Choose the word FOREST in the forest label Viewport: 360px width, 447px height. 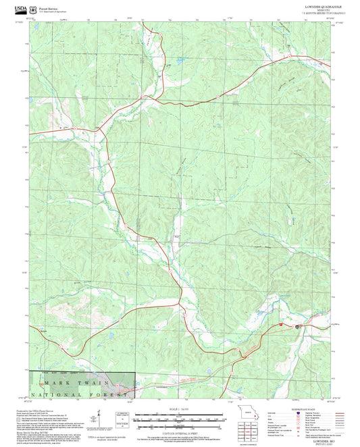(111, 393)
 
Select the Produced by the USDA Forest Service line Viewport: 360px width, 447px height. (41, 409)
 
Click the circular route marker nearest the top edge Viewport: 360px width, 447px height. (220, 97)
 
